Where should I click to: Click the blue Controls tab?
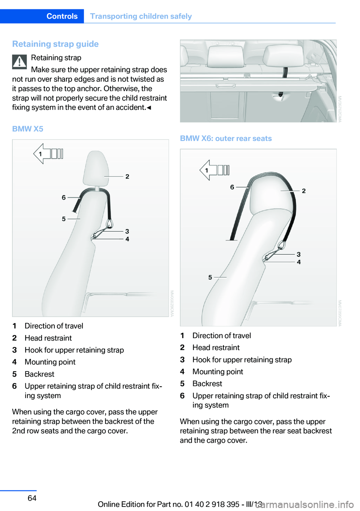[62, 16]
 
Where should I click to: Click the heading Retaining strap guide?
[55, 44]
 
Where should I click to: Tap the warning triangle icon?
[19, 62]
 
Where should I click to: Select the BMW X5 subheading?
[28, 129]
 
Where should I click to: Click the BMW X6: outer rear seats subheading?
[226, 138]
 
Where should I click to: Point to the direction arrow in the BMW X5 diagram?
[48, 154]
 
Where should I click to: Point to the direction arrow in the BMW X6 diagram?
[214, 170]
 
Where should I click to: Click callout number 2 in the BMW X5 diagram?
[127, 176]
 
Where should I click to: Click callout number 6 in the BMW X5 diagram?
[64, 197]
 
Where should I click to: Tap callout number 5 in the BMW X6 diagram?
[210, 277]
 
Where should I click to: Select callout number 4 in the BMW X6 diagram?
[299, 262]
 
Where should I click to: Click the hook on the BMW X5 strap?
[109, 224]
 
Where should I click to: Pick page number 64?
[32, 498]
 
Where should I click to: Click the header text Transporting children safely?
[141, 16]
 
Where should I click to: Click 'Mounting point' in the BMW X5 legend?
[50, 362]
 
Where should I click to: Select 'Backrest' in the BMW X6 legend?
[207, 383]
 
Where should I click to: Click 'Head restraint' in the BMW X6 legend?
[216, 347]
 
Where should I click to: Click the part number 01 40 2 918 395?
[212, 504]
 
